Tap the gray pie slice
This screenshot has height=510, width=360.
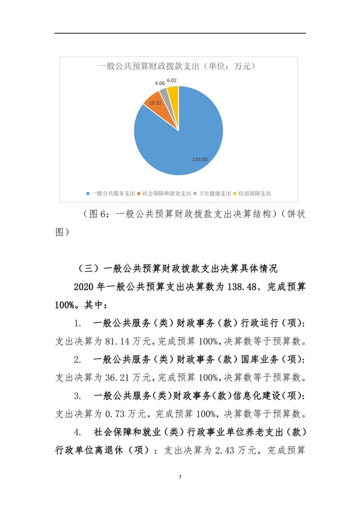[x=164, y=93]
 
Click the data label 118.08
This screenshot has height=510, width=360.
[x=200, y=160]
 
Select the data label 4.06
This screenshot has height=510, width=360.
[x=160, y=83]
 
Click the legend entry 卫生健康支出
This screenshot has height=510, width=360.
[x=214, y=193]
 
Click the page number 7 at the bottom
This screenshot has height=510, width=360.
[x=180, y=477]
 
